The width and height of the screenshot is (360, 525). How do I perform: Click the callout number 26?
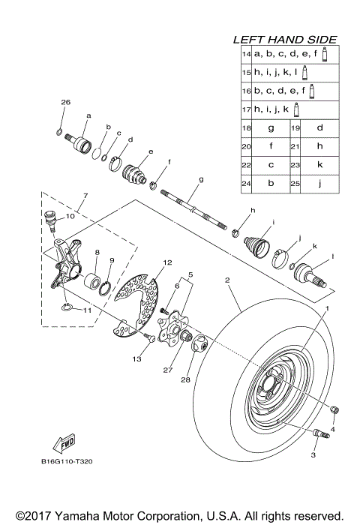point(64,102)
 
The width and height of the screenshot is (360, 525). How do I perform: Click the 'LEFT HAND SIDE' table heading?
point(284,39)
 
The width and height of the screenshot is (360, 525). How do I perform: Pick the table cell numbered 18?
point(245,128)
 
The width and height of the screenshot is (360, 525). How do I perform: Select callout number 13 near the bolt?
point(136,360)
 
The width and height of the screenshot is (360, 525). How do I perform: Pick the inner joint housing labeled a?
point(77,139)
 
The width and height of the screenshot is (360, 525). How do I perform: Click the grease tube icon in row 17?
point(297,109)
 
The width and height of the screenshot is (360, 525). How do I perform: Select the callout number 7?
point(85,196)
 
